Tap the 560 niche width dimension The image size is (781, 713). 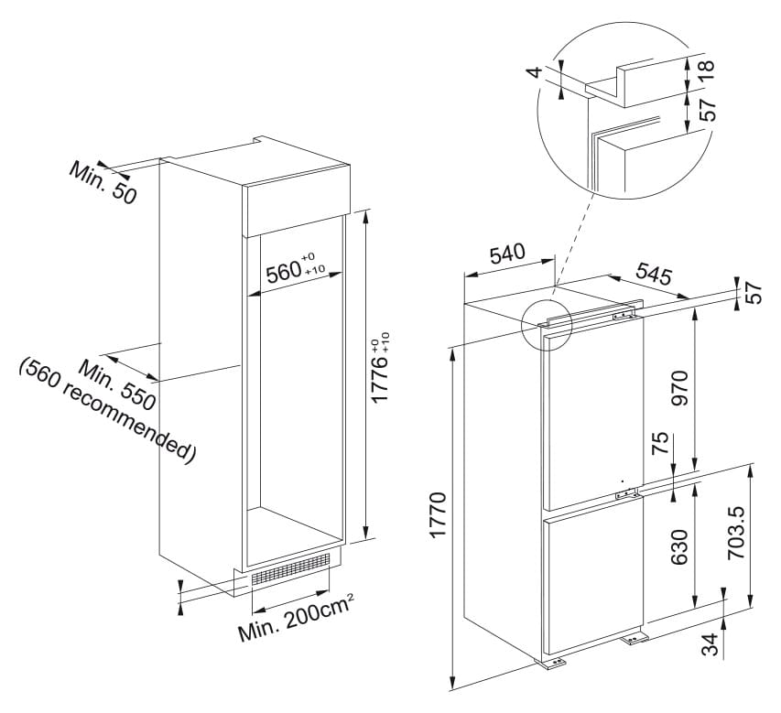click(295, 269)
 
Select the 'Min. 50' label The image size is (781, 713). click(103, 182)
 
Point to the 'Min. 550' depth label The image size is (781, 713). click(117, 386)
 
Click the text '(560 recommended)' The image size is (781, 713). click(108, 411)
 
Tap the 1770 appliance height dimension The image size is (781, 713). click(438, 516)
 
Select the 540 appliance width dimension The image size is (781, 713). click(507, 254)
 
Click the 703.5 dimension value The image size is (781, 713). click(737, 533)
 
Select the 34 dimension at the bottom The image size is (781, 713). click(710, 644)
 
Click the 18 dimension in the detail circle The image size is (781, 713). click(706, 71)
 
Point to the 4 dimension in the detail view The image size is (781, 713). click(535, 71)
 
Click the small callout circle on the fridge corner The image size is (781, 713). click(547, 326)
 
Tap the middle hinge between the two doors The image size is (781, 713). click(626, 493)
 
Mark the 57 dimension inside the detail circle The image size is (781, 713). click(706, 109)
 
